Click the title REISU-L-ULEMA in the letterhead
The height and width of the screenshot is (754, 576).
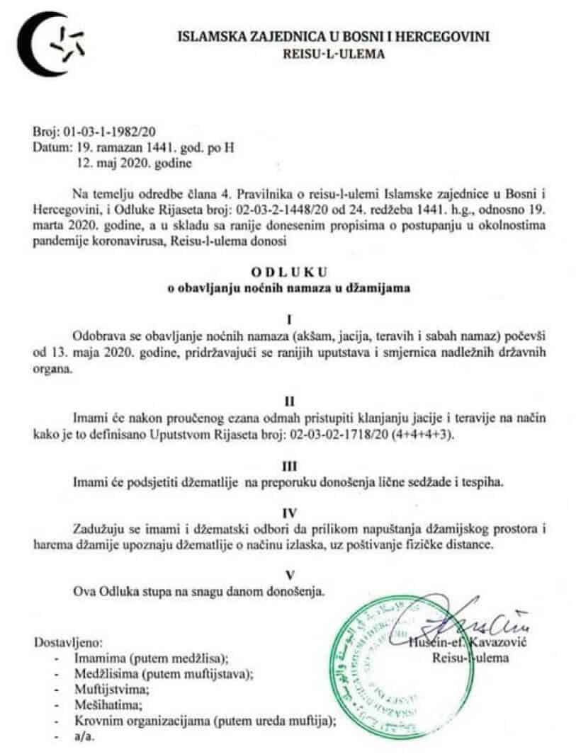point(333,53)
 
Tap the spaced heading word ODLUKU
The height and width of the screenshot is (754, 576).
point(289,272)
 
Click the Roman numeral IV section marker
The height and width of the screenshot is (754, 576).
point(289,512)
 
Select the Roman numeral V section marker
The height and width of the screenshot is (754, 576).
point(289,574)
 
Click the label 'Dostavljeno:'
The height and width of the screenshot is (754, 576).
point(69,644)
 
